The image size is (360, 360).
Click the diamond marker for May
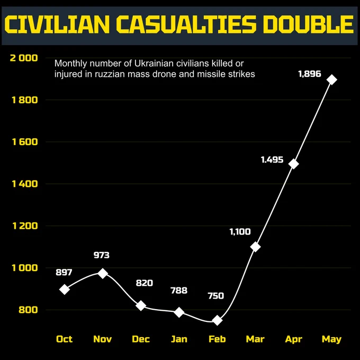[x=332, y=80]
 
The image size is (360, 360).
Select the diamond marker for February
[x=217, y=320]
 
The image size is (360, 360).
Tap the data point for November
[x=103, y=273]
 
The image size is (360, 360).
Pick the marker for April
[x=294, y=164]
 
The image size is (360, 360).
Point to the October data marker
[x=65, y=289]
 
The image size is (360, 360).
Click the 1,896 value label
[x=310, y=74]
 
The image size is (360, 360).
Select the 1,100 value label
[x=240, y=232]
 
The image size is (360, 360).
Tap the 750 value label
[x=216, y=296]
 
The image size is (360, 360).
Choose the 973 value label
[x=102, y=255]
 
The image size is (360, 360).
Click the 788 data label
[x=179, y=291]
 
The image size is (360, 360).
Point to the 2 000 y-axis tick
[x=24, y=58]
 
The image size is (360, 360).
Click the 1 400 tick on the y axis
[x=25, y=184]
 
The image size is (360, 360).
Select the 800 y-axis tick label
[x=28, y=310]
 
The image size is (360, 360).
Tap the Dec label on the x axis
[x=141, y=339]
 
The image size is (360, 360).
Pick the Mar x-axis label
[x=255, y=339]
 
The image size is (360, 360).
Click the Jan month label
[x=179, y=339]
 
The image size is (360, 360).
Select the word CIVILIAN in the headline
[x=57, y=24]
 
